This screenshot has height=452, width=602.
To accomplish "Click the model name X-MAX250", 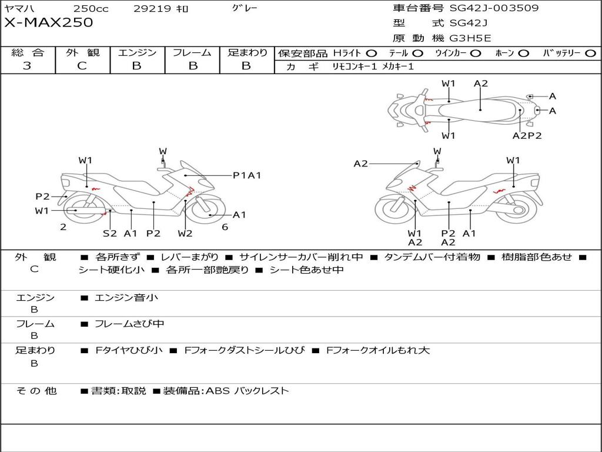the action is pos(49,22).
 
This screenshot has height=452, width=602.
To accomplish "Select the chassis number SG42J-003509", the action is pos(494,8).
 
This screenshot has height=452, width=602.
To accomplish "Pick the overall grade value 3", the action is pos(27,66).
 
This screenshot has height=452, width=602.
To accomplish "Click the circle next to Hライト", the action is pos(372,54).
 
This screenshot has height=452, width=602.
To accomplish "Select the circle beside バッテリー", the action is pos(591,54).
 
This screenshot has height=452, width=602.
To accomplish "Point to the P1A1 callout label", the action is pos(247,175).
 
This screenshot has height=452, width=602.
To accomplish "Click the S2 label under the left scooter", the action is pos(110,233).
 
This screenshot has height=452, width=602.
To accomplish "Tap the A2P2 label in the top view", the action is pos(527,136).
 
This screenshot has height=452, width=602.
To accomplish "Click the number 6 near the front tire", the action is pos(225,227).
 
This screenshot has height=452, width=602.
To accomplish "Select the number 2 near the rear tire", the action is pos(63,227).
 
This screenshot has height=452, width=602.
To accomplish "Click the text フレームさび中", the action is pos(129,324).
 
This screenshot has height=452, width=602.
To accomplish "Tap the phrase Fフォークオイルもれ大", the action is pos(378,350).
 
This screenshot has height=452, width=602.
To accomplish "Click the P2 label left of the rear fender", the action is pos(42,197).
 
